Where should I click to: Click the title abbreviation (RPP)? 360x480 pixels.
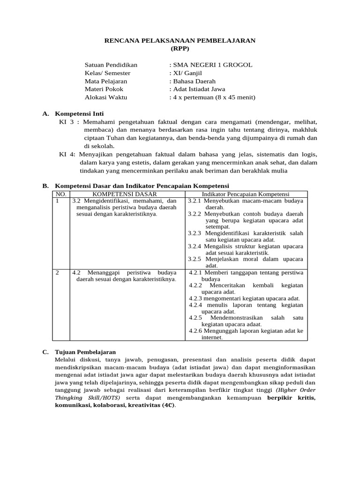pos(180,49)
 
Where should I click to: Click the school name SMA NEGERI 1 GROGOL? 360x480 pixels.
pos(212,65)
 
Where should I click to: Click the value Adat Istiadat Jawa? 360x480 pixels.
pos(199,89)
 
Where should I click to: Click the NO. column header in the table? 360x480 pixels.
pos(61,194)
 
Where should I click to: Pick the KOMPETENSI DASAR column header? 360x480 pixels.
pos(125,194)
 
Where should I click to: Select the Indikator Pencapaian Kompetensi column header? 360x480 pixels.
pos(245,194)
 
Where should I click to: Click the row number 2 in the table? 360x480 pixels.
pos(58,272)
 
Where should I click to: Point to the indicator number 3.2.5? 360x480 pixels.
pos(194,259)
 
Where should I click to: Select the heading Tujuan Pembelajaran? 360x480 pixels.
pos(85,352)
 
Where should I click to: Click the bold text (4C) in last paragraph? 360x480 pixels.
pos(166,405)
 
